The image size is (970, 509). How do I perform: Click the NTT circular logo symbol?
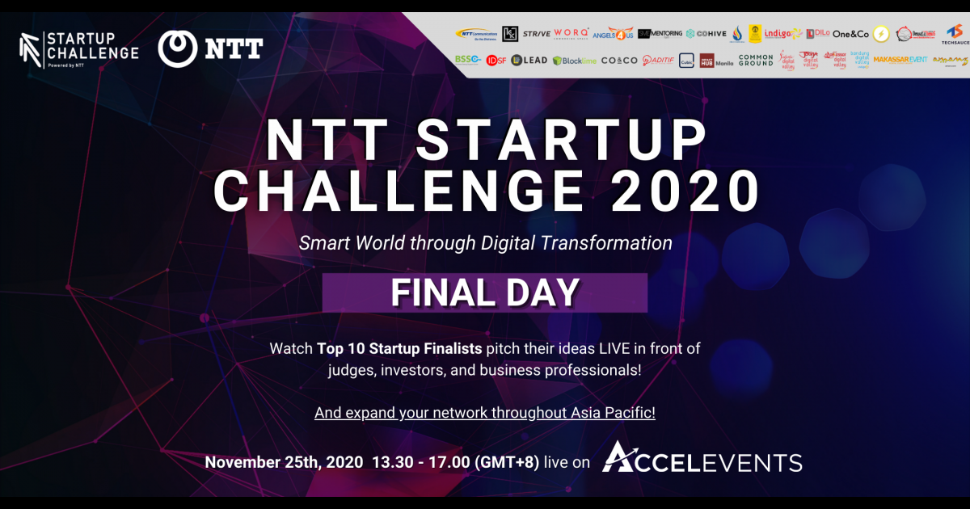tap(175, 48)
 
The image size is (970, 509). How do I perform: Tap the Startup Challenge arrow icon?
tap(31, 48)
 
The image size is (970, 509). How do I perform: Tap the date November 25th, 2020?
tap(284, 463)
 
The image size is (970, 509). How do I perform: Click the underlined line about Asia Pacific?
tap(484, 412)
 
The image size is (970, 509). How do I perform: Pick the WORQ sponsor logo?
tap(571, 33)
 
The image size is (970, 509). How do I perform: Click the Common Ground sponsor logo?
tap(755, 60)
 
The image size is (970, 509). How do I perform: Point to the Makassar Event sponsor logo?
tap(900, 60)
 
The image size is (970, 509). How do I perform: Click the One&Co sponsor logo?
tap(850, 34)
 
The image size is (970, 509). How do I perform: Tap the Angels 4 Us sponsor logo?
tap(613, 34)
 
